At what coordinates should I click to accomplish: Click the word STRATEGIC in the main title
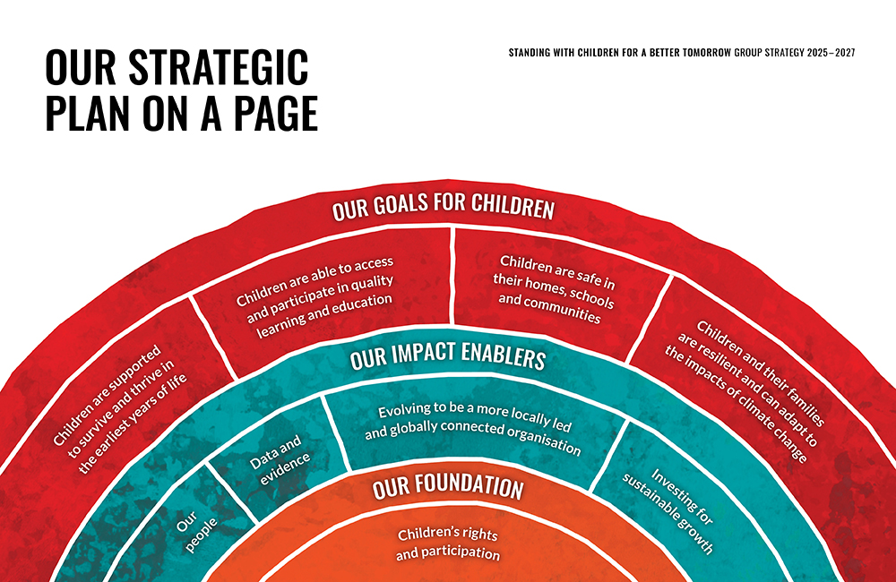click(219, 67)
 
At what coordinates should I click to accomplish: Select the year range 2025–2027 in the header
click(831, 53)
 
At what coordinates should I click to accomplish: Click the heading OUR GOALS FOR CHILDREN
click(444, 207)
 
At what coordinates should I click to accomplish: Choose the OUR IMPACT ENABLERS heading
click(448, 355)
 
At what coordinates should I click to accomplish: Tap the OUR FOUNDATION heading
click(448, 486)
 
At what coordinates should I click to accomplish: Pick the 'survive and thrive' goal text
click(121, 409)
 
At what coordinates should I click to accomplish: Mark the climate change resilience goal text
click(745, 390)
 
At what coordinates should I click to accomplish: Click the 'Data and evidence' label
click(280, 460)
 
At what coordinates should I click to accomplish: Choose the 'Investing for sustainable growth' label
click(668, 511)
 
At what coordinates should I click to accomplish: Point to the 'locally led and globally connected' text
click(473, 429)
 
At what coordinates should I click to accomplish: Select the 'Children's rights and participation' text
click(448, 543)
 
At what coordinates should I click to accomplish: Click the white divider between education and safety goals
click(452, 276)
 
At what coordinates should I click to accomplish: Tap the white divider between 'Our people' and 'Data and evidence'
click(231, 492)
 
